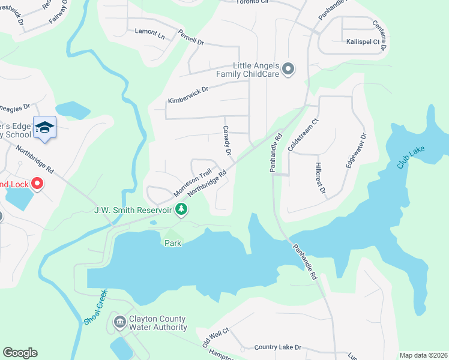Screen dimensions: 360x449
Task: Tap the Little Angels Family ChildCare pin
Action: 288,70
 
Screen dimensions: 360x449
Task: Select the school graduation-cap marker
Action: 44,127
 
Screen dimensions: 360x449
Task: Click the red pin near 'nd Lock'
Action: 37,184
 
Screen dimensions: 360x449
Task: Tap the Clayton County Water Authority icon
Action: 119,323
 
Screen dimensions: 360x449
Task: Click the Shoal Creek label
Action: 95,307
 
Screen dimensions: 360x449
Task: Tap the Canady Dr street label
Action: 227,140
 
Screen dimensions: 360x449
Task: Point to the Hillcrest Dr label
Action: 319,178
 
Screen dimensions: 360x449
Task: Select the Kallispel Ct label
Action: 363,42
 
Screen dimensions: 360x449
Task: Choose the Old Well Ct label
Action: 216,338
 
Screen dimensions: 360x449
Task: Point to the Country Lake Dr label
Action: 277,347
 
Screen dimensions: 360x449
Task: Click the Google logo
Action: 20,353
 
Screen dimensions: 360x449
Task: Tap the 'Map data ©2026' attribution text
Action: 423,355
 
